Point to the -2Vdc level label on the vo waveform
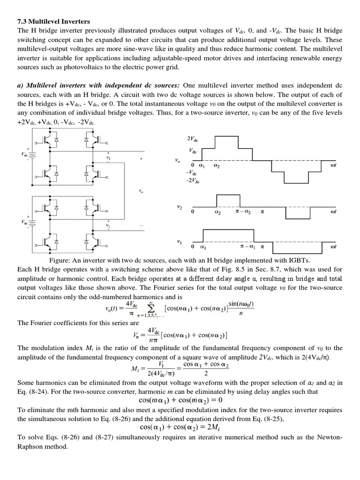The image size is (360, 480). tap(193, 181)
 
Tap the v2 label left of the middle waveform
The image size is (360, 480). tap(179, 206)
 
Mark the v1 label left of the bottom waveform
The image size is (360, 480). tap(179, 241)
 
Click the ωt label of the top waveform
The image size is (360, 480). tap(334, 166)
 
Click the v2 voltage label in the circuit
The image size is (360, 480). tap(108, 158)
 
